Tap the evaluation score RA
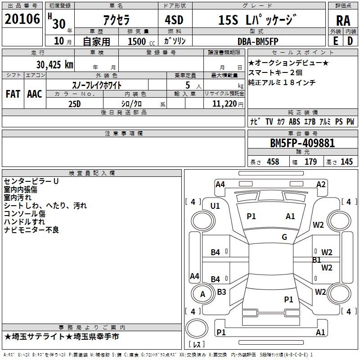tap(343, 20)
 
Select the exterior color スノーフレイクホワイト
tap(97, 85)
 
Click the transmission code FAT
tap(13, 94)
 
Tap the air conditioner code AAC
tap(34, 94)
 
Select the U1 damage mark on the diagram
tap(215, 206)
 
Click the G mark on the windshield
tap(284, 237)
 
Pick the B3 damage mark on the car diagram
tap(221, 292)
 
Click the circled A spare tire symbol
tap(202, 294)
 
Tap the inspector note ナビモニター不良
tap(31, 230)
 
